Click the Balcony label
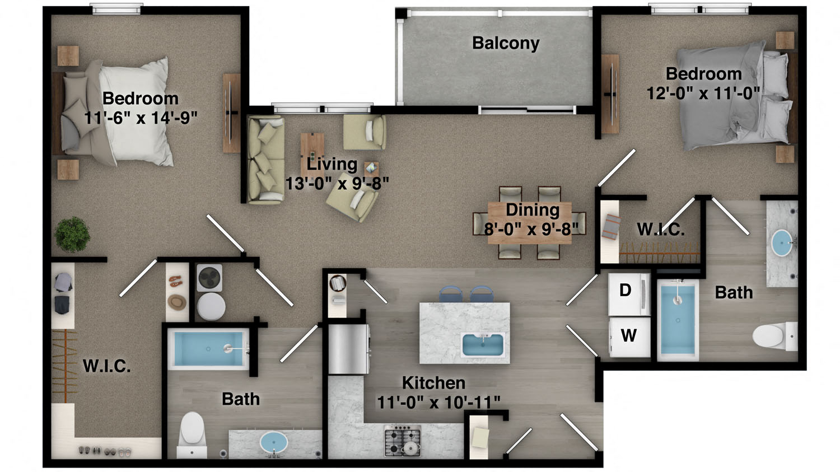506,43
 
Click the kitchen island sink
483,344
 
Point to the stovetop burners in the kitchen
403,440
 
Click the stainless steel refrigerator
348,349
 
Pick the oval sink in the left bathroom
274,442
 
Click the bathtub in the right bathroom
678,319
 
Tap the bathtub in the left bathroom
209,349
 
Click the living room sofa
265,159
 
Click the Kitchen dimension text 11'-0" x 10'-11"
438,402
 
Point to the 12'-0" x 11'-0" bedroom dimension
703,93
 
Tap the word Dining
533,210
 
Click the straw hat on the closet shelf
178,302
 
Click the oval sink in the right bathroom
781,243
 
